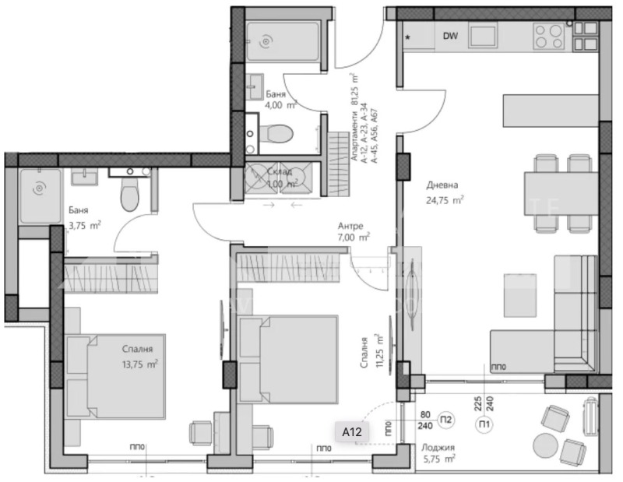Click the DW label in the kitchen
pyautogui.click(x=450, y=36)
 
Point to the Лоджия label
pyautogui.click(x=437, y=448)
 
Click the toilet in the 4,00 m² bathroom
pyautogui.click(x=273, y=135)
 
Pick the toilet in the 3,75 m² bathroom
pyautogui.click(x=129, y=194)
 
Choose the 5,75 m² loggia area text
pyautogui.click(x=438, y=459)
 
